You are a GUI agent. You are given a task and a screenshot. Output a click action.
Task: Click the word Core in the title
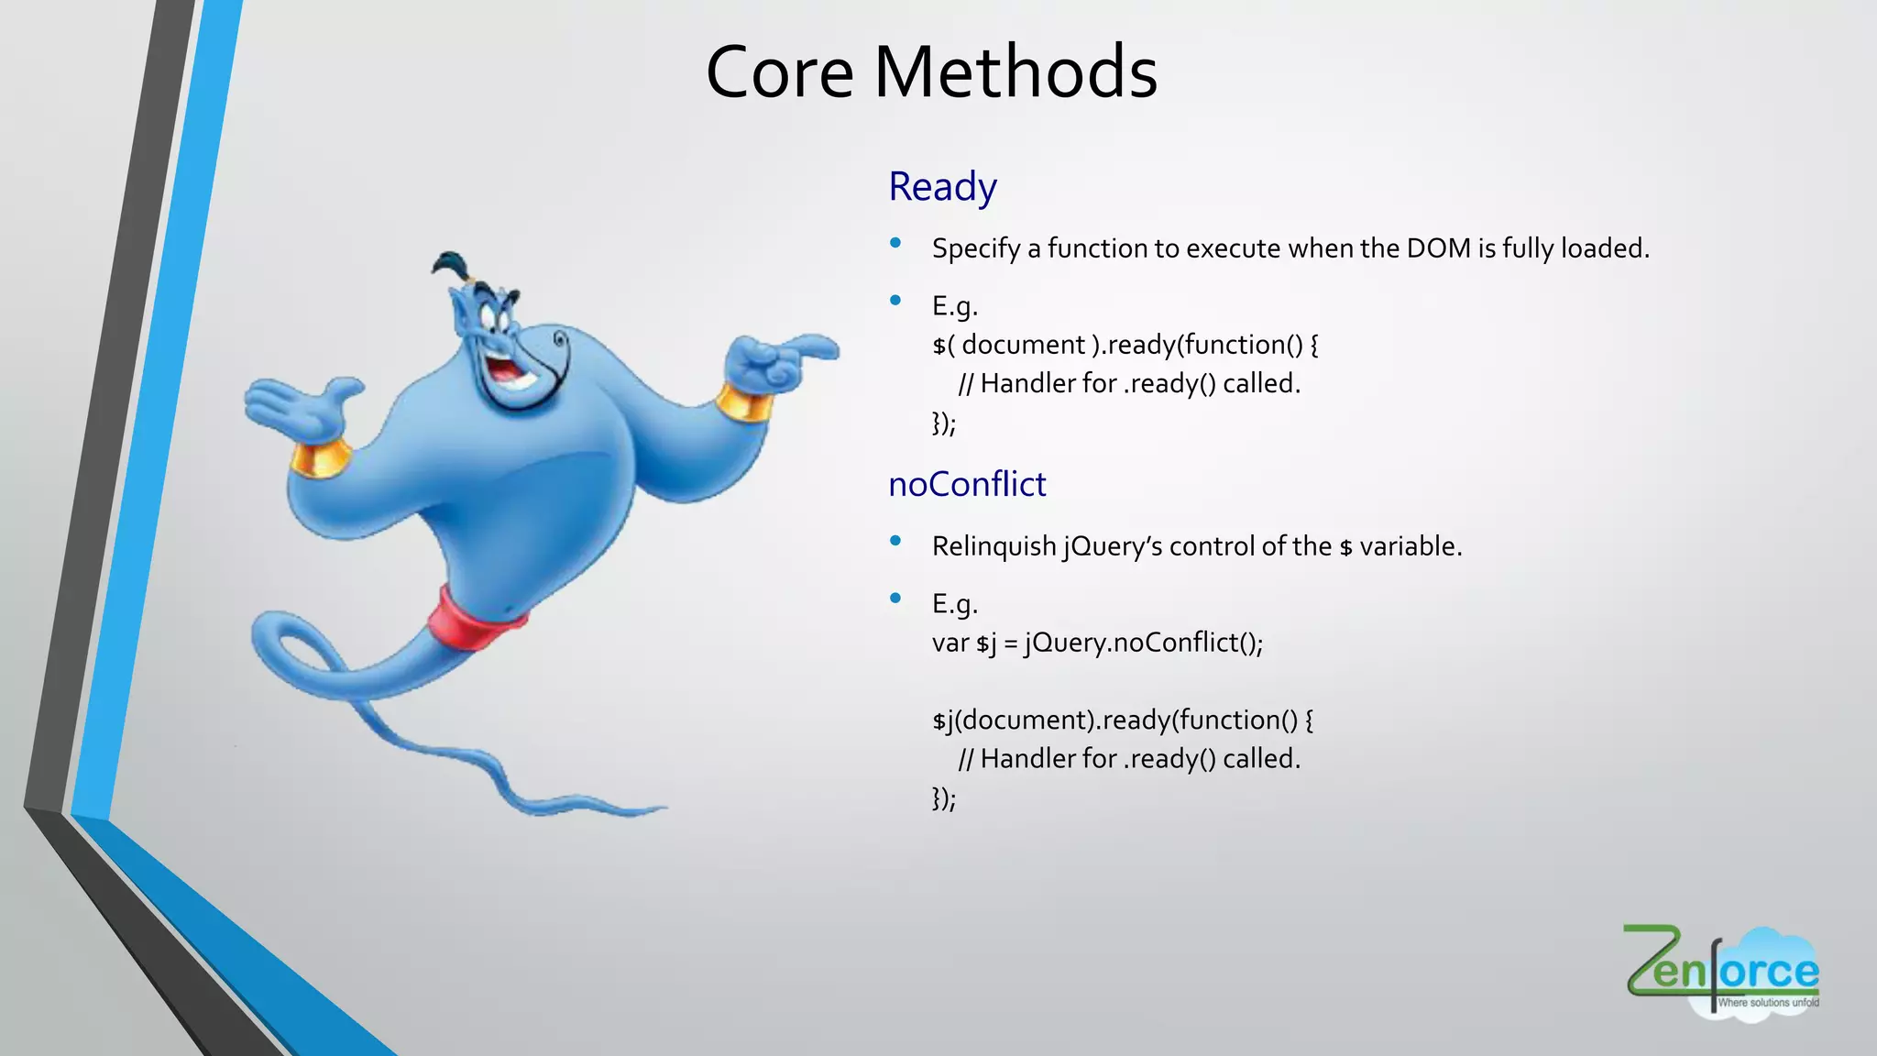pos(780,72)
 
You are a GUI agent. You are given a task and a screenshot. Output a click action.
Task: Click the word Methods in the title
pos(1015,72)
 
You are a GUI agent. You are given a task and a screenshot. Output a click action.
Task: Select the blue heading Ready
pos(942,187)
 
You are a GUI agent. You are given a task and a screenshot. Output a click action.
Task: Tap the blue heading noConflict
pos(967,484)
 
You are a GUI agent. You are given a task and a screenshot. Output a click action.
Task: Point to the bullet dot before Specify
pos(895,243)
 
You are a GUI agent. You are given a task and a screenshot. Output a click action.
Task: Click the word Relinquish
pos(994,546)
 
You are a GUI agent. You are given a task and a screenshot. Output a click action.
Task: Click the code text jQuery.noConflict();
pos(1144,643)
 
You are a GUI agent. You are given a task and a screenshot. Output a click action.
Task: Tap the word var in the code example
pos(950,643)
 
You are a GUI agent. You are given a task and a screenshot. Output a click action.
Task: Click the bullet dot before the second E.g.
pos(895,599)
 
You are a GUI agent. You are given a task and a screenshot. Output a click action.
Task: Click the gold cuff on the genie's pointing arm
pos(743,403)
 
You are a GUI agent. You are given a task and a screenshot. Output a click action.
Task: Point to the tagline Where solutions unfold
pos(1767,1003)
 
